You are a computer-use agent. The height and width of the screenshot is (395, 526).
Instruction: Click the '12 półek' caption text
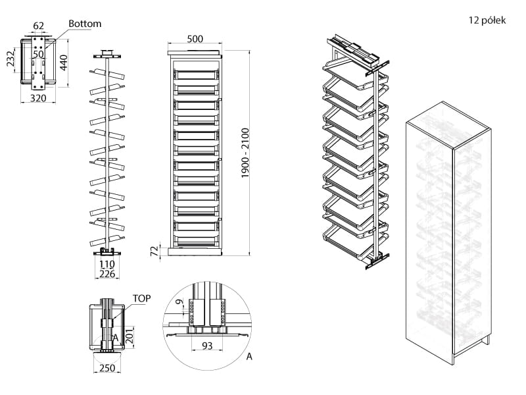pos(487,21)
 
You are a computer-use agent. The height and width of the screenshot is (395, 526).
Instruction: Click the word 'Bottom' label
pos(84,24)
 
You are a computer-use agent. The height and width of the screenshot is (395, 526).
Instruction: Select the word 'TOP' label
pos(142,298)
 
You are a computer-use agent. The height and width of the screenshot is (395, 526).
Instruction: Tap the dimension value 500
pos(195,39)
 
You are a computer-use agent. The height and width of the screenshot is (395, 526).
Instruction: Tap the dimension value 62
pos(38,26)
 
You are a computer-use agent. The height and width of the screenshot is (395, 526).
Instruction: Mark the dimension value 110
pos(106,264)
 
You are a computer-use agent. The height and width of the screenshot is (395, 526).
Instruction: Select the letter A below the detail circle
pos(249,357)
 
